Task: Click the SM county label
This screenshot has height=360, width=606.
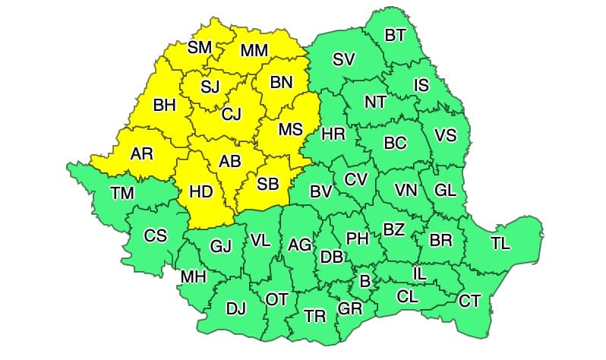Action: [200, 48]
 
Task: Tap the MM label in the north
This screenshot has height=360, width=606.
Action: [254, 51]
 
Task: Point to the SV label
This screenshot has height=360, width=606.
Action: [343, 62]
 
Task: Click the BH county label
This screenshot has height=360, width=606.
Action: [164, 106]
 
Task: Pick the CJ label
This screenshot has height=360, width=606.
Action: [232, 114]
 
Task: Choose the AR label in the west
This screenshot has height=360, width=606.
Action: [141, 153]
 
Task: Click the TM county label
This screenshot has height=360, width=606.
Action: [122, 193]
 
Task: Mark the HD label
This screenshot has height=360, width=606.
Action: [200, 192]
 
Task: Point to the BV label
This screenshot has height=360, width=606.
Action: [321, 191]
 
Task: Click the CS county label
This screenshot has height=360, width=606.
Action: [156, 235]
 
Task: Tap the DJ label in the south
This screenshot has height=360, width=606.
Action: [236, 308]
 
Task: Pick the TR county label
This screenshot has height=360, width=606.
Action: [315, 315]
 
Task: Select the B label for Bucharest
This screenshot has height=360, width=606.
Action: [365, 281]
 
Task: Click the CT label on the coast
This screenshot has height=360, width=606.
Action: [469, 301]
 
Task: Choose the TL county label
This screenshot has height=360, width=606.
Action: [500, 243]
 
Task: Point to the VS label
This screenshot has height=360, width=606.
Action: [445, 135]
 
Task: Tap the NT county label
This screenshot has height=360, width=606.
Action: [375, 101]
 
